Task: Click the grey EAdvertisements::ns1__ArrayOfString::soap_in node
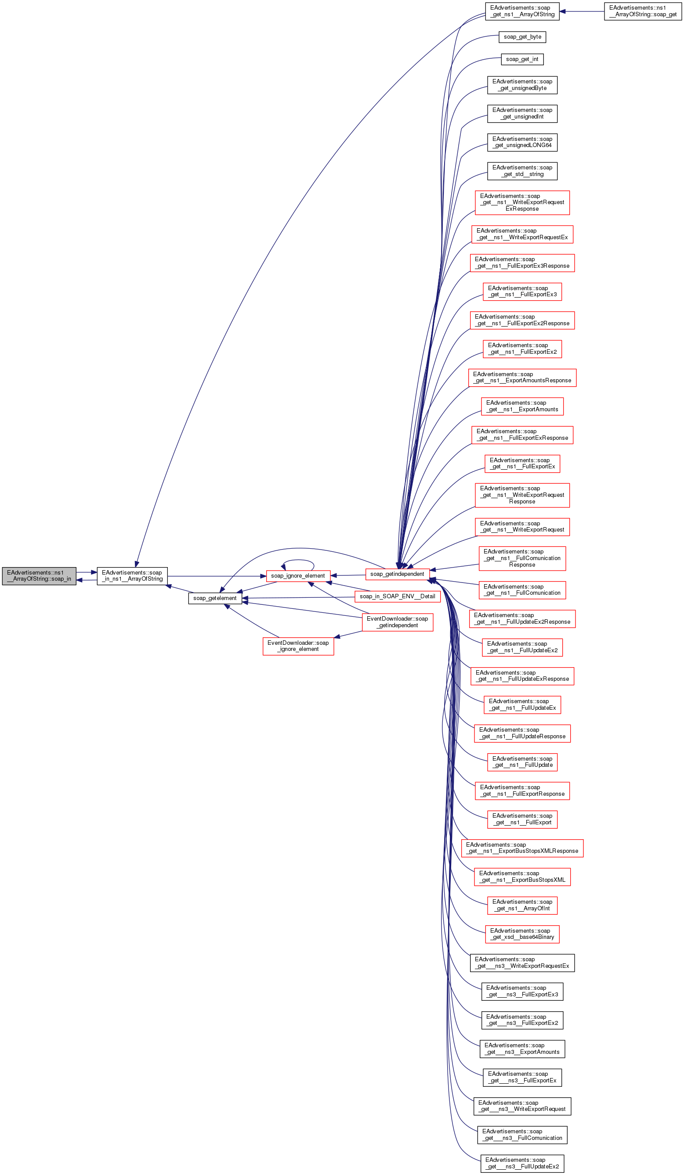pos(39,576)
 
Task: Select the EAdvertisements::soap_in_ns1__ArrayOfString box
pos(132,576)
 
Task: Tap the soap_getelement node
pos(215,598)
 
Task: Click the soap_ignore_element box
pos(298,576)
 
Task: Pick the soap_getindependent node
pos(397,574)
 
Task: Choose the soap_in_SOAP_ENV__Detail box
pos(397,596)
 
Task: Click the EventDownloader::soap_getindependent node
pos(397,622)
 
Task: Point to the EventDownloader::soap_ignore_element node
pos(298,646)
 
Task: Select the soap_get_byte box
pos(522,37)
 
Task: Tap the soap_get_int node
pos(522,59)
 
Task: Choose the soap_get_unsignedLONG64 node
pos(522,142)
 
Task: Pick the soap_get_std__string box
pos(522,171)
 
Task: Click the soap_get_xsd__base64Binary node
pos(522,934)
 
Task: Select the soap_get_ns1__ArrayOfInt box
pos(522,905)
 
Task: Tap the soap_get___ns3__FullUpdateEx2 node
pos(522,1163)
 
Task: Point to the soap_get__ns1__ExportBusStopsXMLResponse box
pos(522,848)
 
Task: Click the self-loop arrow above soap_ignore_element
pos(298,560)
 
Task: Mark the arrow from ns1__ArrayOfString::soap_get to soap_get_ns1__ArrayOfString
pos(582,11)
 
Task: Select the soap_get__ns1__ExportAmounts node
pos(522,406)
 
